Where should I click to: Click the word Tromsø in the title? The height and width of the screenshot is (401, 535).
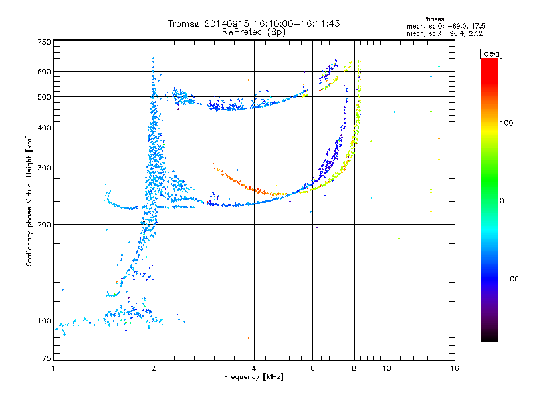(184, 23)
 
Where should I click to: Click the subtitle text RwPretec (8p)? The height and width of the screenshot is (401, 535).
(253, 32)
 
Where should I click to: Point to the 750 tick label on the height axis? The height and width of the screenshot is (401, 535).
(44, 42)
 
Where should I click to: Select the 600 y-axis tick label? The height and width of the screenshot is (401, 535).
(44, 72)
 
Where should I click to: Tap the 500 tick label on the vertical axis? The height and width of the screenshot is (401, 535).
(44, 97)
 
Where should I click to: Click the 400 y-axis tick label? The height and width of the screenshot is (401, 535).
(44, 128)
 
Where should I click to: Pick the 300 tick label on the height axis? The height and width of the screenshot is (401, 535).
(44, 168)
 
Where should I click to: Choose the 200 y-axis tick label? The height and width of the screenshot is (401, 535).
(44, 225)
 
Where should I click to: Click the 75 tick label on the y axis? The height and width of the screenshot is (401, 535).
(47, 358)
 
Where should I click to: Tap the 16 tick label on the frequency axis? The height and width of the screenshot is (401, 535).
(455, 368)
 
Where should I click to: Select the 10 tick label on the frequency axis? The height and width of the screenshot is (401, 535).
(387, 368)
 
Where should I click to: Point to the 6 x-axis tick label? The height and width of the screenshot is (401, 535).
(312, 368)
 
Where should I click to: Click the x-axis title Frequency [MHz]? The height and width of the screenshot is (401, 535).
(253, 377)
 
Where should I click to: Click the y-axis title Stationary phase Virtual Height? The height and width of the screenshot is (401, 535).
(29, 201)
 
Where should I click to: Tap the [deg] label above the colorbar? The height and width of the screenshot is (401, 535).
(491, 53)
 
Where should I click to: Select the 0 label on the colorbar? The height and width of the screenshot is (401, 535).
(501, 200)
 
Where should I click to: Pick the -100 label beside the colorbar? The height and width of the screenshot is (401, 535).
(509, 279)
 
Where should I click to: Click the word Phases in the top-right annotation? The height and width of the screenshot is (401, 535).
(433, 19)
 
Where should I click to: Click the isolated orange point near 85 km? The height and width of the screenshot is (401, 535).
(248, 338)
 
